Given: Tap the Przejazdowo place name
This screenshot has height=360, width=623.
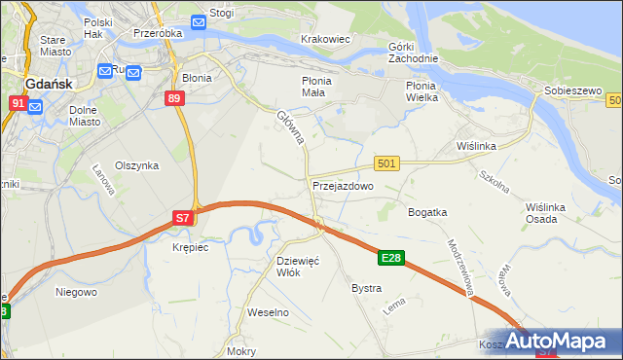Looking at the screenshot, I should (x=343, y=185).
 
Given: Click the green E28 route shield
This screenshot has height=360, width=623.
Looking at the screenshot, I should (x=391, y=258).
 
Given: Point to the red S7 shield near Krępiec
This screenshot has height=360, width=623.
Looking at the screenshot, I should (x=183, y=219).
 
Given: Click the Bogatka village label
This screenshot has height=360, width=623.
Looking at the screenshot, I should (x=427, y=211).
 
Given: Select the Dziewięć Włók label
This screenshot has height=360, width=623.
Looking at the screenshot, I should (x=299, y=267).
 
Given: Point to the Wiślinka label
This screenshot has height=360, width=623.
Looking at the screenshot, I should (x=477, y=146).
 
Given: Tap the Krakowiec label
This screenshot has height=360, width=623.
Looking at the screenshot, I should (x=325, y=39).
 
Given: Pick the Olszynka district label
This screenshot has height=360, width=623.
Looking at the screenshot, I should (x=136, y=165).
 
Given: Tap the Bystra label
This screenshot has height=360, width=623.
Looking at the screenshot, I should (x=366, y=289).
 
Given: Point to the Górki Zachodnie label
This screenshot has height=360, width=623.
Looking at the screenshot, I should (x=413, y=53).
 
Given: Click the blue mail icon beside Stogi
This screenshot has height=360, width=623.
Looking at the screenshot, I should (x=198, y=21).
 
